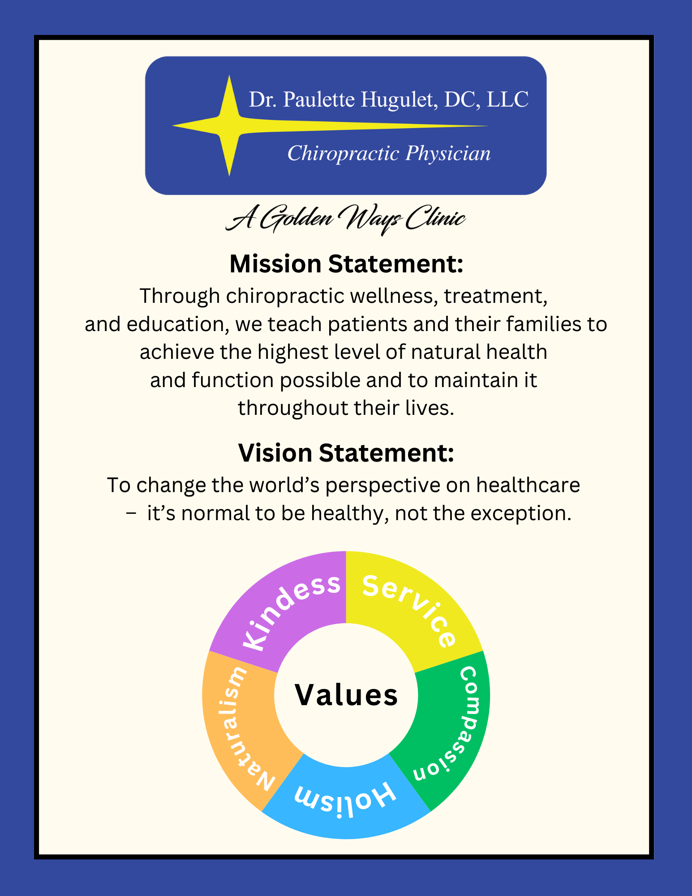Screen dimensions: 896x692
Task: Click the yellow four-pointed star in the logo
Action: click(229, 126)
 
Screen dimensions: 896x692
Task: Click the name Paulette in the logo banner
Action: click(318, 99)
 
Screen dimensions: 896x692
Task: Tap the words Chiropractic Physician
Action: click(389, 154)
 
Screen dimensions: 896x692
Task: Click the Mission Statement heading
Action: click(346, 264)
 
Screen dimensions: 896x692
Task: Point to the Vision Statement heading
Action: click(346, 453)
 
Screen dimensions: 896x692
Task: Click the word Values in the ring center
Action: click(346, 695)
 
